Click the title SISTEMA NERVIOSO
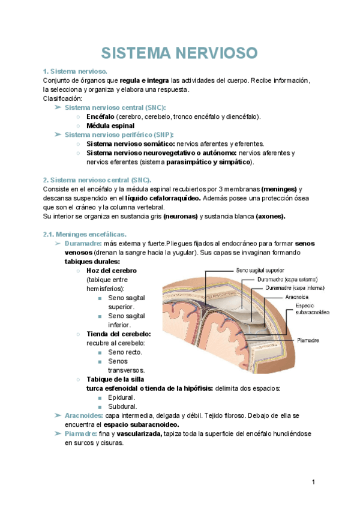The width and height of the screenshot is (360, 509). coord(179,53)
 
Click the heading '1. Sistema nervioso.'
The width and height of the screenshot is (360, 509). coord(76,71)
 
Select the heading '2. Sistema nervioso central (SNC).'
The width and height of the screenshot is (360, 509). coord(97,180)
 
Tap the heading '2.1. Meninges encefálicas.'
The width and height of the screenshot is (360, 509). coord(85,234)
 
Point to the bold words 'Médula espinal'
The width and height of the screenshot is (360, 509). coord(110,126)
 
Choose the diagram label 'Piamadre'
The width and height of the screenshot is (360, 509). coord(308,340)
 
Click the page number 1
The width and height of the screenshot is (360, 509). coord(313,482)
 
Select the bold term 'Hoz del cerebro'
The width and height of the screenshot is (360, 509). coord(112,271)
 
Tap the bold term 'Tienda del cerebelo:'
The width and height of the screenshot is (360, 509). coord(119,334)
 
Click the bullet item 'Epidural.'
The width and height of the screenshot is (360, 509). coord(122,397)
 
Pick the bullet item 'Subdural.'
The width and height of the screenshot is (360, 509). coord(122,406)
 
